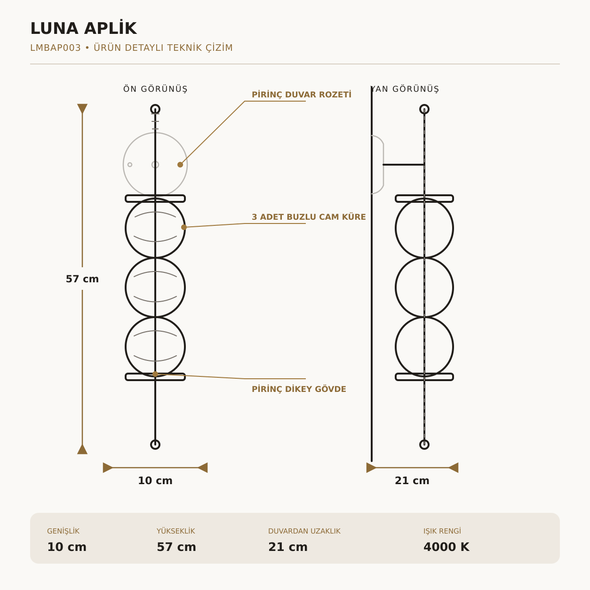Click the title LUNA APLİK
(x=84, y=29)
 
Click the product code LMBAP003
(x=56, y=48)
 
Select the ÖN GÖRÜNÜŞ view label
(x=155, y=89)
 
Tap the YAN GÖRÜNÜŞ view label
(x=405, y=89)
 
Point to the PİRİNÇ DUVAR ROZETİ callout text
(x=302, y=95)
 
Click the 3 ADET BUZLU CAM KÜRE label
(x=309, y=217)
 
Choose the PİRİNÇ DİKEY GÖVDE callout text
(x=299, y=390)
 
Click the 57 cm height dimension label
(x=82, y=279)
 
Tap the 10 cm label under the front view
(x=155, y=480)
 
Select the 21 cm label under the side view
(x=412, y=480)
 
